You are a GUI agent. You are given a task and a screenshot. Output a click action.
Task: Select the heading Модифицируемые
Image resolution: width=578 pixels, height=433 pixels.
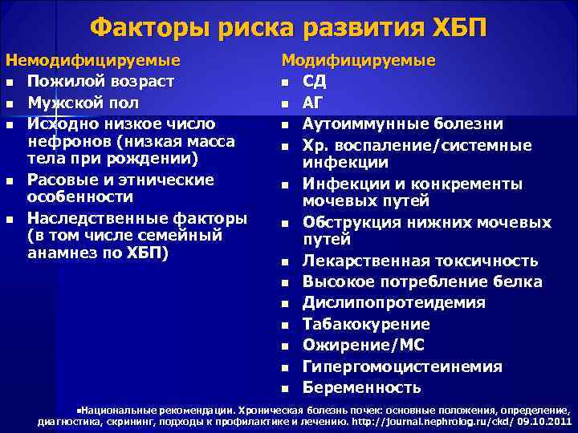tap(358, 60)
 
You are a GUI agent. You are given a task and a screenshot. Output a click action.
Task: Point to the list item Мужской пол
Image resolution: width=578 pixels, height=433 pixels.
tap(83, 103)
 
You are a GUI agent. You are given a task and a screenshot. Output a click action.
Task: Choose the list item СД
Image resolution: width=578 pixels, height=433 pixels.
tap(315, 81)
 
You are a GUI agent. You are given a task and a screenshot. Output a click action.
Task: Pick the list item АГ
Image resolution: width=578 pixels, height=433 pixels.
tap(314, 103)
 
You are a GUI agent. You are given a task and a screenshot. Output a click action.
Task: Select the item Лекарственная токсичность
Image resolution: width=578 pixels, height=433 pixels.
tap(419, 261)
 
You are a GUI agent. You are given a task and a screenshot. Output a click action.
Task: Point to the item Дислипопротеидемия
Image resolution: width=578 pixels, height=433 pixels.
tap(393, 303)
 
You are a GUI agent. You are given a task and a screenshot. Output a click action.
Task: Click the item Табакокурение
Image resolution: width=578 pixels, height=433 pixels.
tap(366, 324)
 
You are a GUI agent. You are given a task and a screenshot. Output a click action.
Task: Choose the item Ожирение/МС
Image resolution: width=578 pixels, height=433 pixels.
tap(364, 346)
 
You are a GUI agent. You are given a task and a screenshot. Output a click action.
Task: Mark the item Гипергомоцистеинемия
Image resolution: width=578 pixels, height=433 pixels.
tap(402, 366)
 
